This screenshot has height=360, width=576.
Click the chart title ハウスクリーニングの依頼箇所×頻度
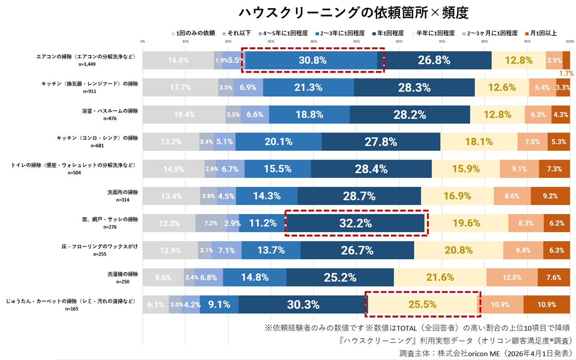(x=353, y=12)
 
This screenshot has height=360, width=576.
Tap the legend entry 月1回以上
(x=541, y=33)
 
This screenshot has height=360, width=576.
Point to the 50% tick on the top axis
(x=356, y=41)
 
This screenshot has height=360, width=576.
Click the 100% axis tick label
(x=569, y=41)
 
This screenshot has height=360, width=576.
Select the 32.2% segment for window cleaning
(x=356, y=223)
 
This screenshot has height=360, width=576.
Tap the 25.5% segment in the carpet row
(x=422, y=304)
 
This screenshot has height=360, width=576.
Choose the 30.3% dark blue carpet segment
(x=302, y=304)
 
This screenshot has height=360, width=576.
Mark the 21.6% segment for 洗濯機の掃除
(x=440, y=277)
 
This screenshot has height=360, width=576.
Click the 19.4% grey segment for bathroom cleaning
(x=184, y=114)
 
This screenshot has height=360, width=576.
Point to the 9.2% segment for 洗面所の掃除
(x=550, y=196)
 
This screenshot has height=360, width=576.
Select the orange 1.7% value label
(x=566, y=73)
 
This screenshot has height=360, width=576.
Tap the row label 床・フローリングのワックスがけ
(x=100, y=247)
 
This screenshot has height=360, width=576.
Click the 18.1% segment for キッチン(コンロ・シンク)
(x=478, y=142)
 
